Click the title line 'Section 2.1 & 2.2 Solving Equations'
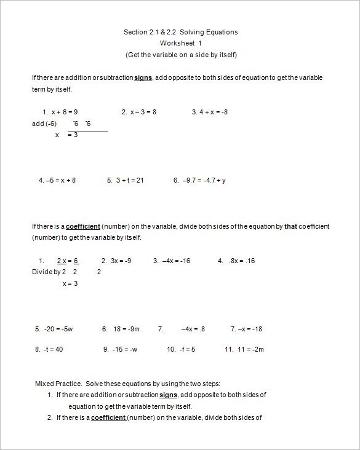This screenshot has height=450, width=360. (180, 32)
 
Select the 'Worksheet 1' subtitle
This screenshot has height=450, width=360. (180, 43)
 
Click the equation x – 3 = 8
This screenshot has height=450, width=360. (143, 112)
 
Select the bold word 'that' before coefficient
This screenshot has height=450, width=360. (290, 226)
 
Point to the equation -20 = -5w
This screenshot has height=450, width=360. (59, 330)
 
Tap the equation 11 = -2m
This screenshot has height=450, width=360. (249, 350)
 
